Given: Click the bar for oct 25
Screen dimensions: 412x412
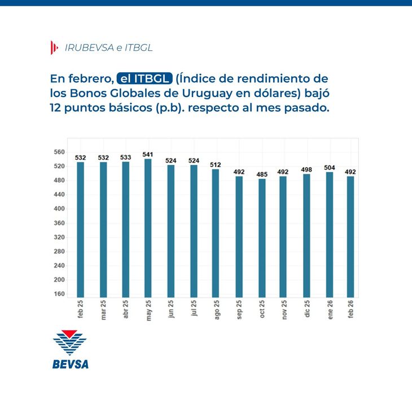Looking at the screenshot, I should tap(262, 238).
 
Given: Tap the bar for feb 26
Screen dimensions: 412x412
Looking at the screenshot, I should tap(350, 236).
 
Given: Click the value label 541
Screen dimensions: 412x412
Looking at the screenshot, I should tap(148, 154).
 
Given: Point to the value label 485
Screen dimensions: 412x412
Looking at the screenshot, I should tap(262, 174).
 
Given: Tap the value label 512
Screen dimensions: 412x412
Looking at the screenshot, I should tap(216, 165).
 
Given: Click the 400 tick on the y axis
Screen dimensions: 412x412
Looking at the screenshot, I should tap(59, 209).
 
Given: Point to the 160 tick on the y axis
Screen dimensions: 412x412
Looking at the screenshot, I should tap(59, 294).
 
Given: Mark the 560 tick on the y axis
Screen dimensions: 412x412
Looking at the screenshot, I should tap(59, 152).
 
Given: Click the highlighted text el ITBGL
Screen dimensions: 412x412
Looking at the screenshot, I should tap(144, 78).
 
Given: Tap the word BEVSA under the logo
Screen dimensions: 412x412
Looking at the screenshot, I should tap(70, 363).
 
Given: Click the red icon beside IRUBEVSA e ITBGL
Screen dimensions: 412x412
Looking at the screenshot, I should tap(54, 48).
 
